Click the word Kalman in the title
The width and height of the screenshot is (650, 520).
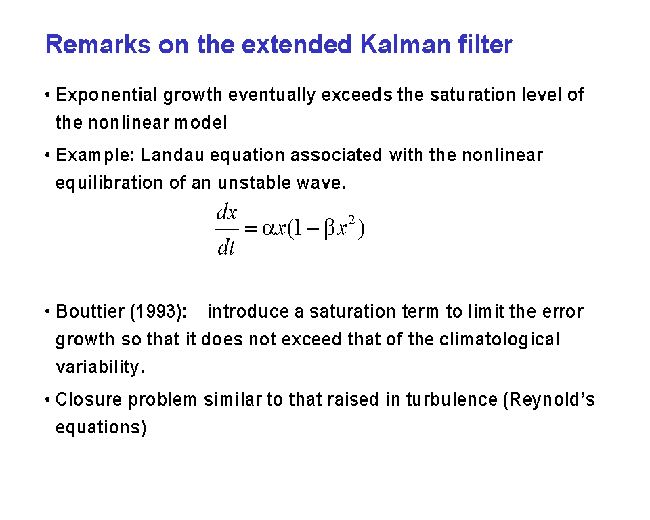coord(405,45)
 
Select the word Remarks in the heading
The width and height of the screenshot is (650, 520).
coord(97,45)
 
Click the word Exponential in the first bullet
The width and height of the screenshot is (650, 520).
coord(106,95)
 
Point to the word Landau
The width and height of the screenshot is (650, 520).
coord(173,155)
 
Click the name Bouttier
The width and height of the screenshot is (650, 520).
coord(89,311)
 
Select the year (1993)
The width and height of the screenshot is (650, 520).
coord(158,312)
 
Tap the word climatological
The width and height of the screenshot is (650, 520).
coord(500,340)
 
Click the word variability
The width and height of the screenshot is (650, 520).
coord(100,368)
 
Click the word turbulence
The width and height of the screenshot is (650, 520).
coord(452,399)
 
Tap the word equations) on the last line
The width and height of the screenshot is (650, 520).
coord(101,428)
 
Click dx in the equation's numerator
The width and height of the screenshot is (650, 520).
coord(227,213)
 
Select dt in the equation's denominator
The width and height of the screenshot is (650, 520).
coord(226,248)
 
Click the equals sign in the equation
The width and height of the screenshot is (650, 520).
coord(251,229)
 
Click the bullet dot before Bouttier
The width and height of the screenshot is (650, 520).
coord(47,312)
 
